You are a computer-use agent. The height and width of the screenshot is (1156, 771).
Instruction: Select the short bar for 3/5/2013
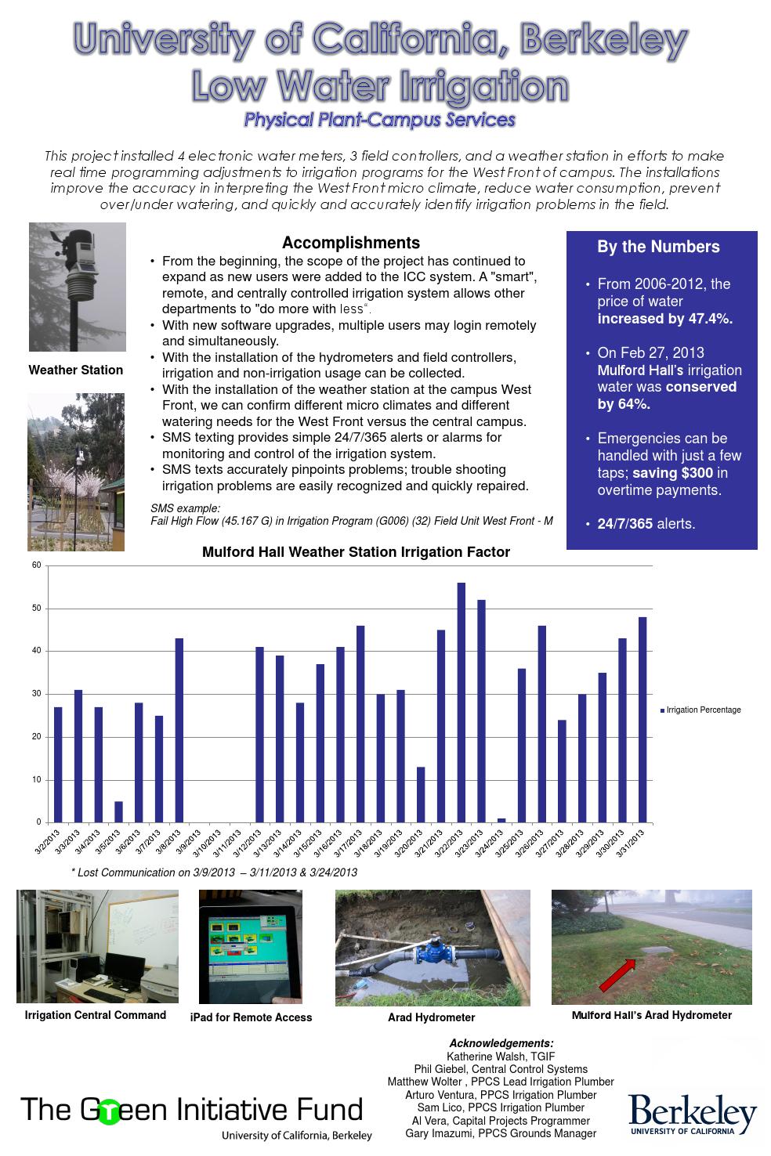pyautogui.click(x=118, y=811)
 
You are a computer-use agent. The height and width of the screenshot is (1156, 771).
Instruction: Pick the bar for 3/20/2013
pyautogui.click(x=421, y=794)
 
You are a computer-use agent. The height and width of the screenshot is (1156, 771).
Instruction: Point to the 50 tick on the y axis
pyautogui.click(x=36, y=608)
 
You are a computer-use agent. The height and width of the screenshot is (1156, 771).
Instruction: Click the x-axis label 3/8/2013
pyautogui.click(x=173, y=844)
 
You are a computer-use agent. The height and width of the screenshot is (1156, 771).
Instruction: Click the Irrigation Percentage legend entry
pyautogui.click(x=702, y=710)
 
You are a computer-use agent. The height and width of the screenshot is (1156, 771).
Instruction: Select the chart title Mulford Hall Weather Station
pyautogui.click(x=356, y=552)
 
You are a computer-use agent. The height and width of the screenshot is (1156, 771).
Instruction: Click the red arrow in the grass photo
pyautogui.click(x=617, y=974)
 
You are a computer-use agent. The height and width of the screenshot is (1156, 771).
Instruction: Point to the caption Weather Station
pyautogui.click(x=76, y=370)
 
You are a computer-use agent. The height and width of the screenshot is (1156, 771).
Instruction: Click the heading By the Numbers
pyautogui.click(x=658, y=247)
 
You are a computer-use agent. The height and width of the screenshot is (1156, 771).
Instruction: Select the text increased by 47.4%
pyautogui.click(x=664, y=319)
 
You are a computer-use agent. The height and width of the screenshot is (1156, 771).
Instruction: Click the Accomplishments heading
pyautogui.click(x=350, y=243)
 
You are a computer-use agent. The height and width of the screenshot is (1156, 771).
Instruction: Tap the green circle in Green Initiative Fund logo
pyautogui.click(x=110, y=1112)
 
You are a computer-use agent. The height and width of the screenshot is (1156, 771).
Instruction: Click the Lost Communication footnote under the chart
pyautogui.click(x=214, y=872)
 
